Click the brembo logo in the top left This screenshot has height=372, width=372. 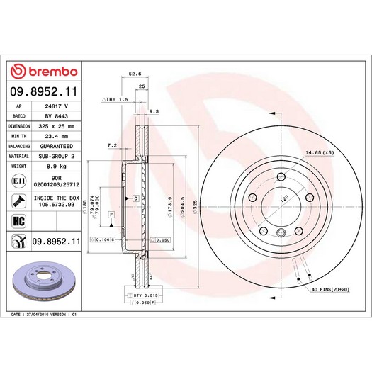pos(42,72)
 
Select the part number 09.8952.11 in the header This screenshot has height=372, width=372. pos(42,91)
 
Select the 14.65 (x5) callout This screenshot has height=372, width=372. pos(319,152)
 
